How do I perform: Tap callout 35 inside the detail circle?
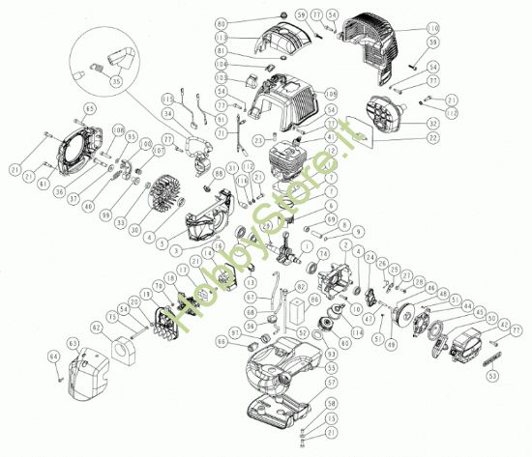(118, 82)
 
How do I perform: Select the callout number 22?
(429, 139)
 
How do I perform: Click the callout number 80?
(222, 22)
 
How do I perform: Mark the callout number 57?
(332, 383)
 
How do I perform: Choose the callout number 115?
(166, 99)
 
